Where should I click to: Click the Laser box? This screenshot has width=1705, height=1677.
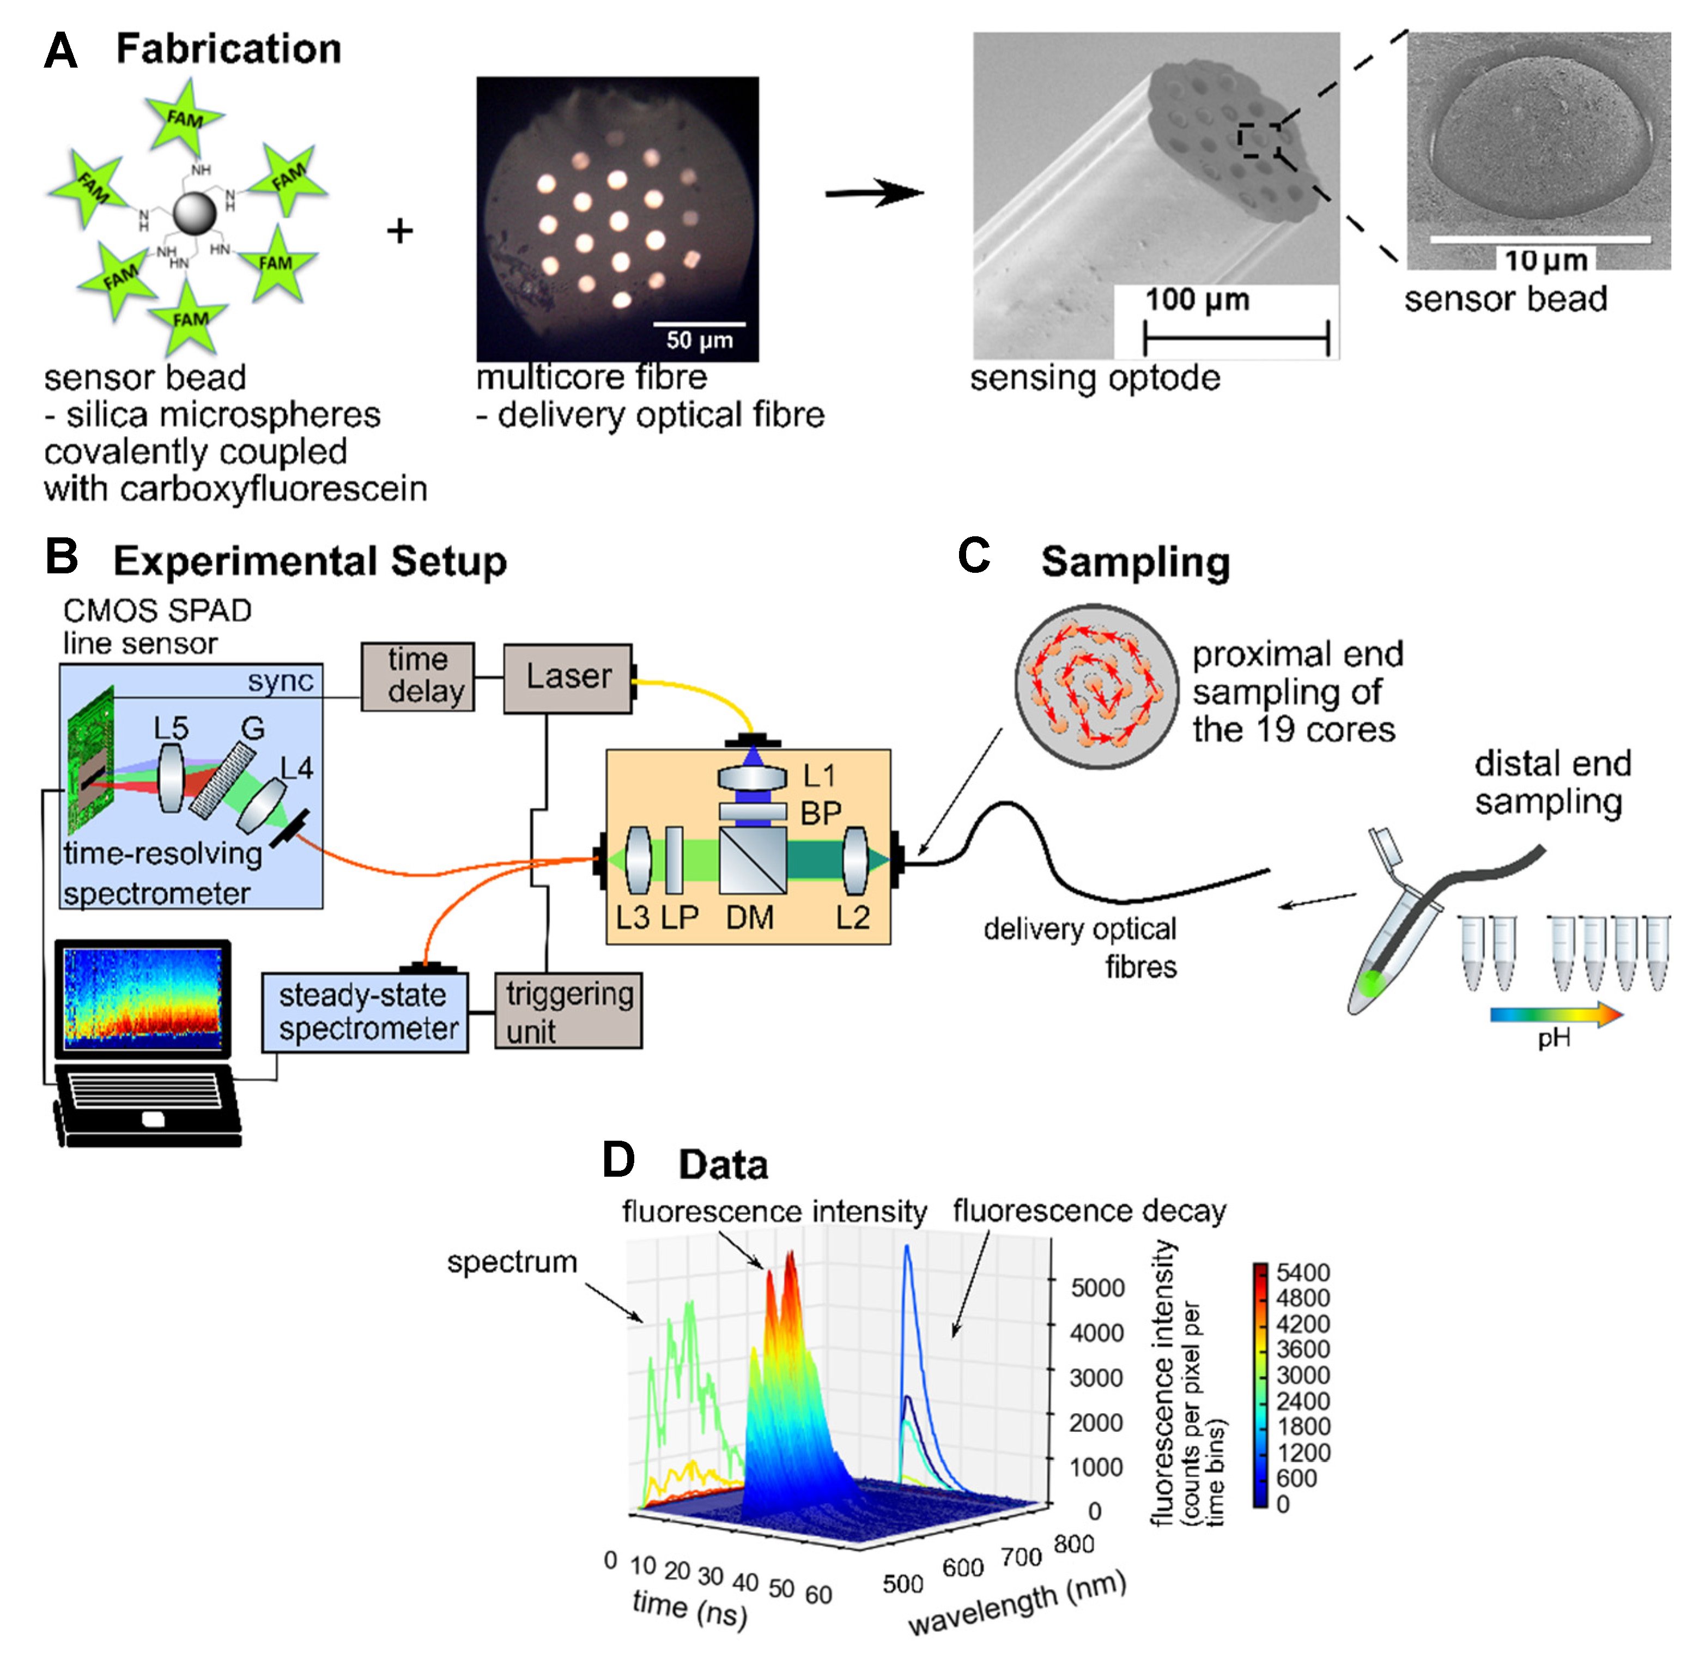[567, 677]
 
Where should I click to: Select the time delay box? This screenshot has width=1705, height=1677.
[417, 676]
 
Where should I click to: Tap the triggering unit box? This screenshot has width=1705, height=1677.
[568, 1010]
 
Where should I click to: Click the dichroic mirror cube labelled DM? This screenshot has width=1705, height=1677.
[751, 859]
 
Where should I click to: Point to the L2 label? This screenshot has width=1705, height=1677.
[852, 918]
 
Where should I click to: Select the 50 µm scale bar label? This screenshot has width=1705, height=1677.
[699, 340]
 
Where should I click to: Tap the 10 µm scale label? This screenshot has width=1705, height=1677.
[1545, 260]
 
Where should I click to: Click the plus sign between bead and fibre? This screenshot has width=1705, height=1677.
[400, 231]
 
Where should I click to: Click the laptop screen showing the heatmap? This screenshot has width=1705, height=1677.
[143, 998]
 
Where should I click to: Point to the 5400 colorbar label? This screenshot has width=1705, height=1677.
[1302, 1272]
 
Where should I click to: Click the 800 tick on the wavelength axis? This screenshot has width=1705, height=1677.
[1073, 1543]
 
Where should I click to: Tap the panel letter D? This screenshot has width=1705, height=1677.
[618, 1160]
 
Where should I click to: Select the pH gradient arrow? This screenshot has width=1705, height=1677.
[1555, 1015]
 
